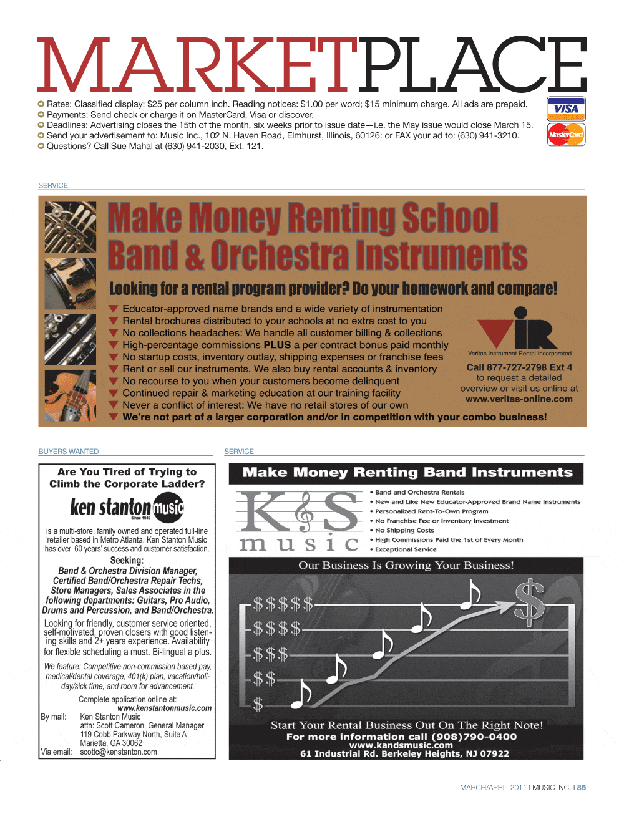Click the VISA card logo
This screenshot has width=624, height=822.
(566, 109)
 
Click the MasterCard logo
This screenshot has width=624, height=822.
(566, 135)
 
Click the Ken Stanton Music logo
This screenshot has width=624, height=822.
(127, 507)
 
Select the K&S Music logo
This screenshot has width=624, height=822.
(299, 521)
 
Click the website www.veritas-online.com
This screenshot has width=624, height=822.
(519, 399)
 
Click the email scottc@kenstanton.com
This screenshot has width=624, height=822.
(119, 752)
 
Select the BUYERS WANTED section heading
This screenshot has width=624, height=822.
(69, 452)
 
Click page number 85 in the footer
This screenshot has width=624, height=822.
(582, 788)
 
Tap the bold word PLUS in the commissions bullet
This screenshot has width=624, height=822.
(277, 345)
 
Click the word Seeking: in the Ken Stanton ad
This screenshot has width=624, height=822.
(127, 560)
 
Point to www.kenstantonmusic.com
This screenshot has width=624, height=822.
(164, 708)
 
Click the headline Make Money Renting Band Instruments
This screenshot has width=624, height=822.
(407, 473)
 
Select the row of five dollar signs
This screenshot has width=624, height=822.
(282, 604)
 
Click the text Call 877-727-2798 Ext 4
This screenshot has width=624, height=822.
(519, 368)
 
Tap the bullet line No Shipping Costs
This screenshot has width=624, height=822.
(404, 531)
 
